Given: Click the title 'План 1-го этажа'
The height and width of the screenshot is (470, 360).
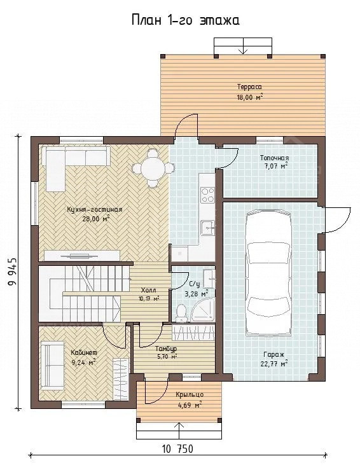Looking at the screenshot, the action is [186, 20].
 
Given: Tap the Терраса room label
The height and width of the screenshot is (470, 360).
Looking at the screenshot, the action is [249, 87].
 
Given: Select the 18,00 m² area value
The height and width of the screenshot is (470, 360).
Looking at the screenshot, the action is [250, 97].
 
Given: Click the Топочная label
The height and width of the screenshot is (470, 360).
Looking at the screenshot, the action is [274, 158].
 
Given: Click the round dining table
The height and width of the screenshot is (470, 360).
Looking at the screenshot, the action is [153, 169].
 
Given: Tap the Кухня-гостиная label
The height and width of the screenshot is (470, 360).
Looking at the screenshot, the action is [95, 209].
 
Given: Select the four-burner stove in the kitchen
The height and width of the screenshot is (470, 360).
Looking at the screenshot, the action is [207, 195].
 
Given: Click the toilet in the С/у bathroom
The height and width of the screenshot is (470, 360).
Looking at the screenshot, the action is [181, 314].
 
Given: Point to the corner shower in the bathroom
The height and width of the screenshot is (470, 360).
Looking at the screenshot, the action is [203, 310].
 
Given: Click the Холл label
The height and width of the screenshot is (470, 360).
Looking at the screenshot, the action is [148, 290].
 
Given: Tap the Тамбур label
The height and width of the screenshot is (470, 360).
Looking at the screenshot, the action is [166, 349].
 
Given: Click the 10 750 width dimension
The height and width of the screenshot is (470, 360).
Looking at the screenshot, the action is [177, 449].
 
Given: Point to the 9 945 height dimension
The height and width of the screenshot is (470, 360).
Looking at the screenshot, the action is [13, 272].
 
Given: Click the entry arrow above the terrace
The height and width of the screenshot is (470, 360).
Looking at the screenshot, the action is [243, 46].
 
